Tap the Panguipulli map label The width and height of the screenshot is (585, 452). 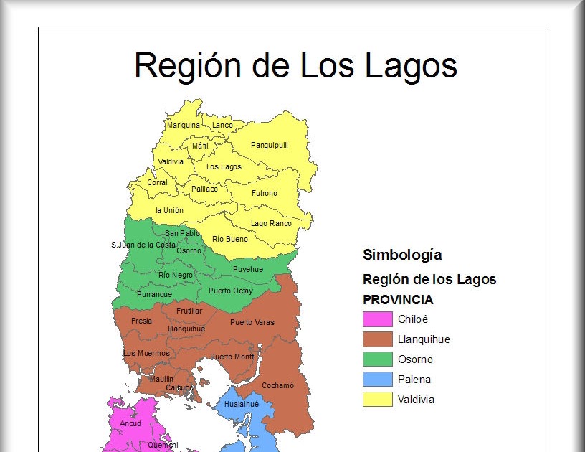click(x=270, y=145)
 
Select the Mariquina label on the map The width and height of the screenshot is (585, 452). click(x=184, y=125)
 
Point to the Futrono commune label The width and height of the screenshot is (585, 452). click(x=264, y=193)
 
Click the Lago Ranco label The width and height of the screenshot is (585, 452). click(x=271, y=223)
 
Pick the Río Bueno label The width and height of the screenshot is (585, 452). click(x=230, y=239)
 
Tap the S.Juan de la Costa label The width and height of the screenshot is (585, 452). click(x=143, y=245)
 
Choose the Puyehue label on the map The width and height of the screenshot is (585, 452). click(x=247, y=269)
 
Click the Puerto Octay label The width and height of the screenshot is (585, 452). click(x=230, y=291)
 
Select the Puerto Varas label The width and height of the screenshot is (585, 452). click(x=252, y=322)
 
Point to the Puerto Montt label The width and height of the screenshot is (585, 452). click(x=232, y=357)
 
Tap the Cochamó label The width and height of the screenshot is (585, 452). click(x=277, y=385)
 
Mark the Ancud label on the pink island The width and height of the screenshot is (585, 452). click(x=130, y=423)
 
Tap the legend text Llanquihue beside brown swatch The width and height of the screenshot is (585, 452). click(x=424, y=339)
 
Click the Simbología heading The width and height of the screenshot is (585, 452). click(x=402, y=255)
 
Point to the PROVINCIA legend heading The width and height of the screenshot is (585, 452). click(x=398, y=300)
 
